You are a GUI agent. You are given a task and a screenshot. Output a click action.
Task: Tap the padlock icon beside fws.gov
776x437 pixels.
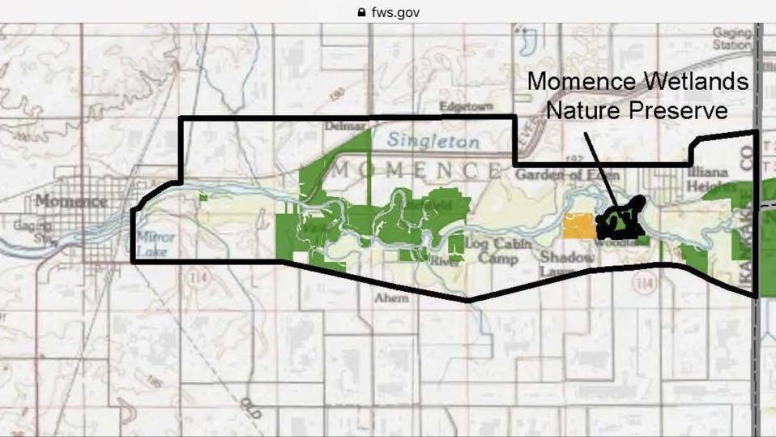[x=361, y=12]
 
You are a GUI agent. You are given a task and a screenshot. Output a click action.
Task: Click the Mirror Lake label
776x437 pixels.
[x=150, y=244]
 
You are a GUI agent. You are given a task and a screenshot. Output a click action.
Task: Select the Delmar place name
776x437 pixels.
[x=345, y=126]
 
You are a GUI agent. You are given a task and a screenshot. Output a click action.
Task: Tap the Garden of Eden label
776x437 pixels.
[x=567, y=174]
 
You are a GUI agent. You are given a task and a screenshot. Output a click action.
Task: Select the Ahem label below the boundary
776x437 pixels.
[x=391, y=298]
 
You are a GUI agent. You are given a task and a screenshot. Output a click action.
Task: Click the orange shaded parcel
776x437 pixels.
[x=580, y=226]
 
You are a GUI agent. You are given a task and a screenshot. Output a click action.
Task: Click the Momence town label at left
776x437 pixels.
[x=70, y=200]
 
